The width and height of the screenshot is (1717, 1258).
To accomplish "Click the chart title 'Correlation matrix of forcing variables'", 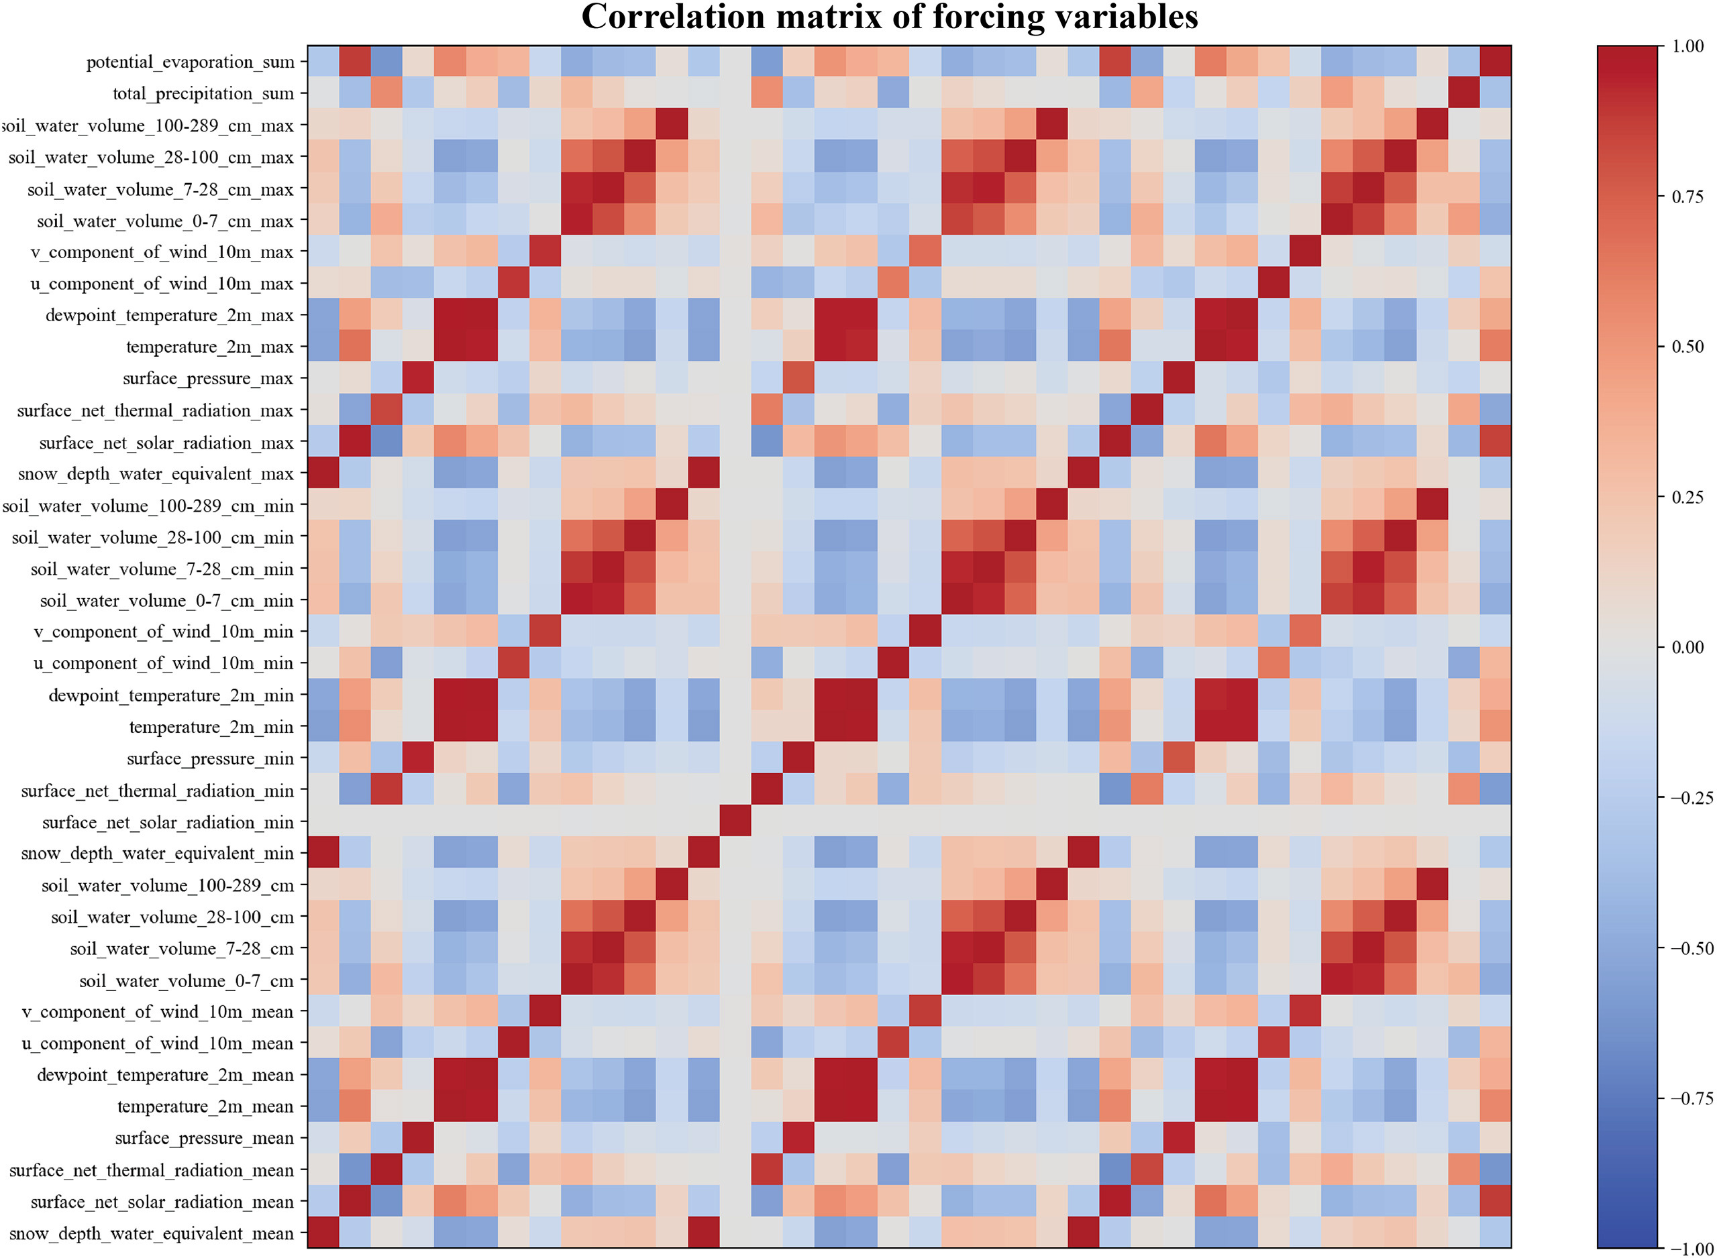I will pyautogui.click(x=889, y=17).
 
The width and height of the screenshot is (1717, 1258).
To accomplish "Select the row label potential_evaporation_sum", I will pyautogui.click(x=190, y=62).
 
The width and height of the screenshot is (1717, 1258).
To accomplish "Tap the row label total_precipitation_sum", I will pyautogui.click(x=203, y=94).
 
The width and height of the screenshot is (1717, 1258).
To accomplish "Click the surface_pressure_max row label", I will pyautogui.click(x=207, y=378).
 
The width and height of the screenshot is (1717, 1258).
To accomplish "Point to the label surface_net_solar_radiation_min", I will pyautogui.click(x=168, y=822).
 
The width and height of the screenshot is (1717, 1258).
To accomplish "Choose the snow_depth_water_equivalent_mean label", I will pyautogui.click(x=151, y=1234).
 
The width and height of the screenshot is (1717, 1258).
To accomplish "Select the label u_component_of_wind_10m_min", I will pyautogui.click(x=163, y=663).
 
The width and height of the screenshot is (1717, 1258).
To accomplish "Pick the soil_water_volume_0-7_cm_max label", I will pyautogui.click(x=164, y=221).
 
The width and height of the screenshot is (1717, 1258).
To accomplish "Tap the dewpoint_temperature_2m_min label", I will pyautogui.click(x=170, y=695).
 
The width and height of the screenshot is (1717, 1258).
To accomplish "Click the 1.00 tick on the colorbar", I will pyautogui.click(x=1687, y=46).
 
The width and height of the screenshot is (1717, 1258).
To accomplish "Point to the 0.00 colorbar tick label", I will pyautogui.click(x=1687, y=647).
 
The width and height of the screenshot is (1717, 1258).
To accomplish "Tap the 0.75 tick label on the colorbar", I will pyautogui.click(x=1687, y=196).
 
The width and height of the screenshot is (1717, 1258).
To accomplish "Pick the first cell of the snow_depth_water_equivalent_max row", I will pyautogui.click(x=323, y=473).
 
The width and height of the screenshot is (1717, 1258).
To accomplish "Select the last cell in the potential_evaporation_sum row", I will pyautogui.click(x=1494, y=62).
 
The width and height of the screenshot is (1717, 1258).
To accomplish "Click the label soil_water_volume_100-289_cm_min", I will pyautogui.click(x=148, y=506).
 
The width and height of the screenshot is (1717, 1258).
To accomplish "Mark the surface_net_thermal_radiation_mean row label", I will pyautogui.click(x=151, y=1170).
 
